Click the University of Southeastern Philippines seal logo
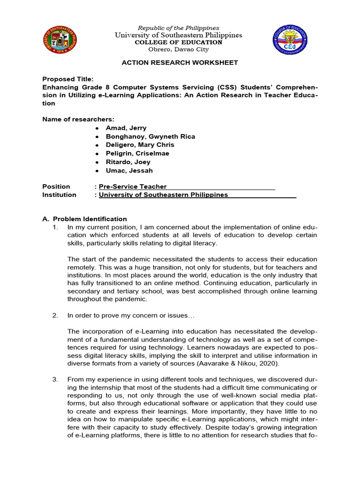click(x=60, y=39)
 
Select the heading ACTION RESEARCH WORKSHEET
click(x=180, y=62)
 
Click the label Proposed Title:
click(x=68, y=79)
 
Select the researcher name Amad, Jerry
click(x=126, y=128)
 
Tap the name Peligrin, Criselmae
click(x=137, y=153)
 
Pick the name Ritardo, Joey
click(x=128, y=162)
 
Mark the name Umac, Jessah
click(x=129, y=171)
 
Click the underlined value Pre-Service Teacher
click(x=133, y=187)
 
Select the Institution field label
click(x=59, y=195)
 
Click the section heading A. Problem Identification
click(x=84, y=219)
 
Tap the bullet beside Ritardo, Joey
click(x=97, y=162)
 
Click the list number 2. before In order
click(x=55, y=315)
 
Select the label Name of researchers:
click(x=78, y=119)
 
